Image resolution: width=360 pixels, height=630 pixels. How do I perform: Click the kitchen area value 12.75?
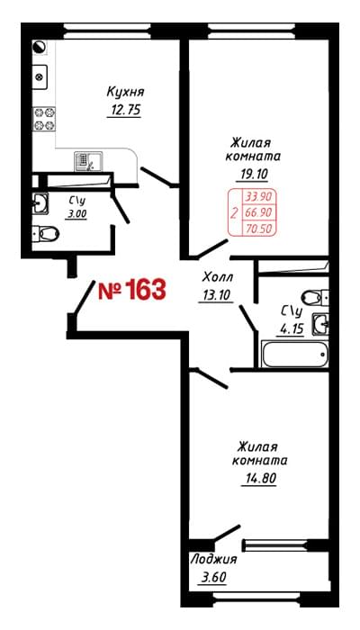tap(124, 110)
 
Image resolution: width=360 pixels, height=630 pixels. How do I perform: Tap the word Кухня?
tap(125, 92)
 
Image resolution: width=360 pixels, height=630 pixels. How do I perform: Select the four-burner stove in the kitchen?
tap(44, 119)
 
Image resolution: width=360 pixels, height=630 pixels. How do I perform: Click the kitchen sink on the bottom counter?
tap(89, 161)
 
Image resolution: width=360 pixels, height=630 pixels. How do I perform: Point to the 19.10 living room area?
tap(252, 174)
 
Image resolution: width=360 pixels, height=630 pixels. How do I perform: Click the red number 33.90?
tap(257, 197)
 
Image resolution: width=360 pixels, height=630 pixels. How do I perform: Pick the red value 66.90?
tap(257, 212)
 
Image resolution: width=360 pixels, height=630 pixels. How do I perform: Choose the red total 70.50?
tap(257, 229)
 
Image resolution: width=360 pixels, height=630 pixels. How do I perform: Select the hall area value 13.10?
tap(215, 295)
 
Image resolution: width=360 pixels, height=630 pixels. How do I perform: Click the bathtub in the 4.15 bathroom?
tap(295, 354)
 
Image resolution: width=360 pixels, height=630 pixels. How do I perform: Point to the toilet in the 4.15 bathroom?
tap(315, 297)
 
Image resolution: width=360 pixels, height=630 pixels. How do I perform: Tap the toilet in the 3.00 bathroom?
tap(45, 233)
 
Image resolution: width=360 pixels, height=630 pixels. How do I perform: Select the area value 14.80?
tap(259, 479)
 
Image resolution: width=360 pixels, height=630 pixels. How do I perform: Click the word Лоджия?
tap(213, 559)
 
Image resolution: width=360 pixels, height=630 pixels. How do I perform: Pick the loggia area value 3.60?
tap(213, 578)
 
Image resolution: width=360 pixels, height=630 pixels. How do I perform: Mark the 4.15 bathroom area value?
tap(289, 329)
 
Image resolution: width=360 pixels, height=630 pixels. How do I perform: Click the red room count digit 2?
tap(234, 212)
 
